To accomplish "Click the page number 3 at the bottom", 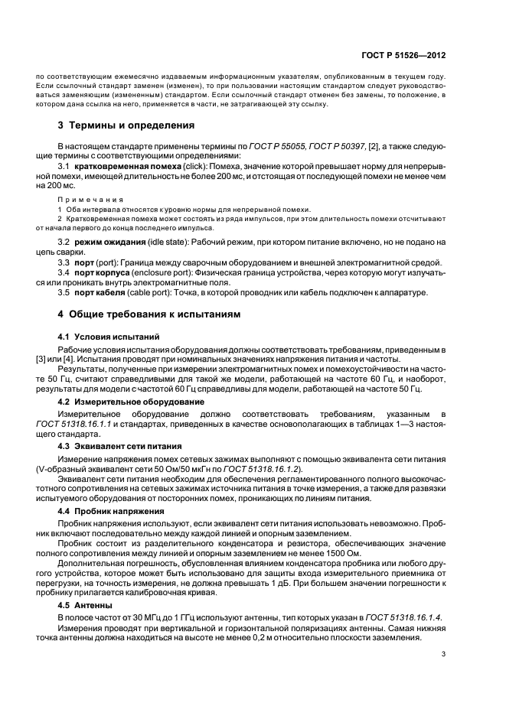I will tap(445, 653).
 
